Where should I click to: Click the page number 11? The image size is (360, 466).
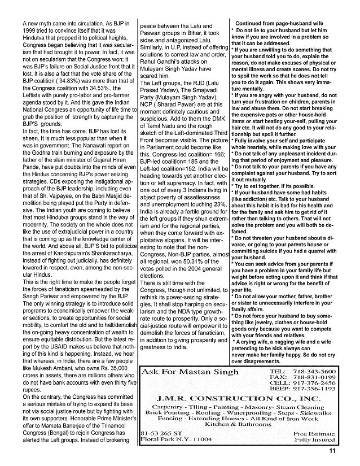point(333,450)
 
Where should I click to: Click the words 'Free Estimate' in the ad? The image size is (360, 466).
point(314,434)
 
